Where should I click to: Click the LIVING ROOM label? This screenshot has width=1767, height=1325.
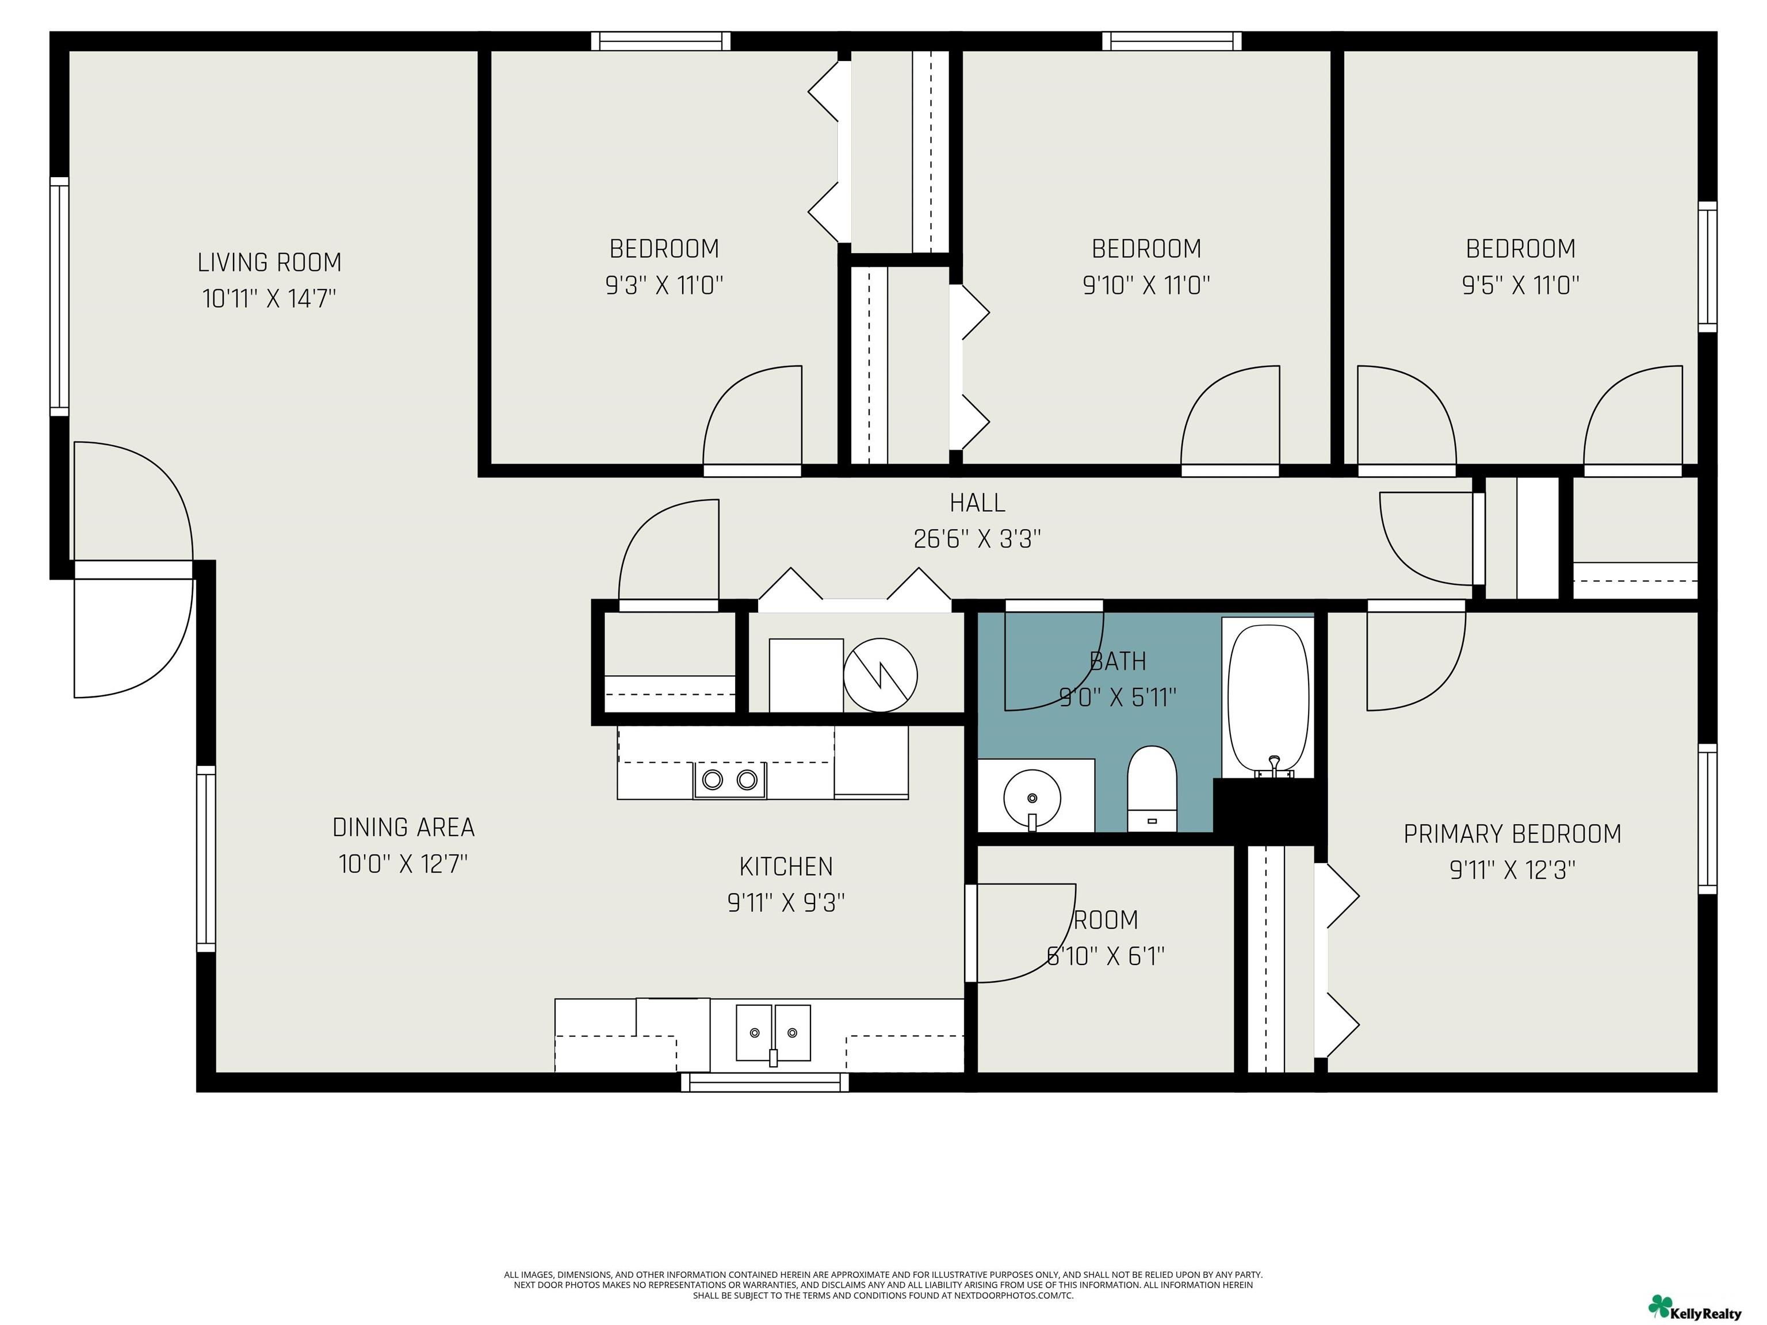coord(269,262)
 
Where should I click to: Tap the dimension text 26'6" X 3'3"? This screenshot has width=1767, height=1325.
coord(977,539)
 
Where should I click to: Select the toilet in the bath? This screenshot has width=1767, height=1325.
coord(1152,788)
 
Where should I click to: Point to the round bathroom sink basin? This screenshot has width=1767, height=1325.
coord(1032,797)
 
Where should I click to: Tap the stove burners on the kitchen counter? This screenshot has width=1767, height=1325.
coord(729,779)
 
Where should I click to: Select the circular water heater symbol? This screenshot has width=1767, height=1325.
coord(880,675)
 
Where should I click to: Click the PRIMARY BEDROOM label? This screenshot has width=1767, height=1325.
coord(1512,834)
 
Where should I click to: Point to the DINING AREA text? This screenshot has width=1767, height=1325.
coord(403,828)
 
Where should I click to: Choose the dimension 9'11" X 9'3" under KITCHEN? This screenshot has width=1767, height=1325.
coord(786,902)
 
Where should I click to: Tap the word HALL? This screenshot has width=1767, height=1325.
coord(977,503)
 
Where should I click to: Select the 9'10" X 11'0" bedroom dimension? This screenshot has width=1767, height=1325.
coord(1146,285)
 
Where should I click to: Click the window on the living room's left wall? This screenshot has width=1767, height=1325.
coord(59,296)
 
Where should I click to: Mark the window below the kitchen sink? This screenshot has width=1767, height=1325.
coord(765,1082)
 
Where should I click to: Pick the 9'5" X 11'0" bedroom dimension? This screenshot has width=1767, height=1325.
coord(1521,285)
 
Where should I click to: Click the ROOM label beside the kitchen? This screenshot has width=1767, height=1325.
coord(1106,920)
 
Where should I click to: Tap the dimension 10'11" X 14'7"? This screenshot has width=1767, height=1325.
coord(269,298)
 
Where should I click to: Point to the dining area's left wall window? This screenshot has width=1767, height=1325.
coord(206,859)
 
